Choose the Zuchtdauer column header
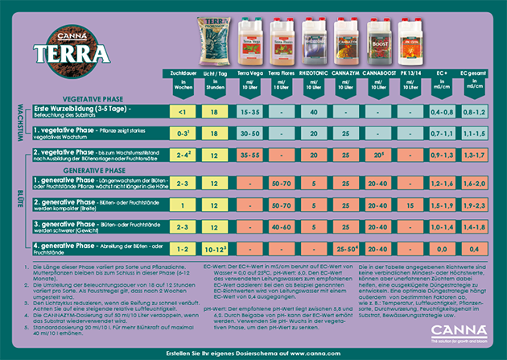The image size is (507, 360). pos(184,72)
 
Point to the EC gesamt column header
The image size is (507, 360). pos(474,72)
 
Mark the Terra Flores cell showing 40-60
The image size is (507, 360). pos(280,226)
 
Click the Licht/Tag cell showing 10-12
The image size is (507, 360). pos(215,249)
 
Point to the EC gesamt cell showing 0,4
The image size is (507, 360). pos(474,249)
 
